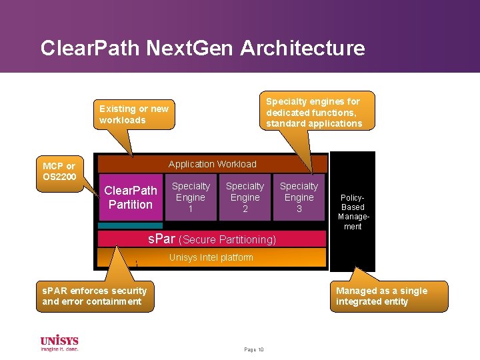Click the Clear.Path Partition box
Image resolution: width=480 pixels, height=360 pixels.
pos(131,197)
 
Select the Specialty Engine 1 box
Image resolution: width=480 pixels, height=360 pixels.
pos(191,197)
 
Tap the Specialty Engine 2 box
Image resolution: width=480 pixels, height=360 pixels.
pos(245,197)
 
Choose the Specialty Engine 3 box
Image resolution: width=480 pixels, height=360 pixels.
pos(299,197)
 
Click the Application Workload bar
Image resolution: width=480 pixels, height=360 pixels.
pos(212,164)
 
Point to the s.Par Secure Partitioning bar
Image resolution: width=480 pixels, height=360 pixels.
pos(211,239)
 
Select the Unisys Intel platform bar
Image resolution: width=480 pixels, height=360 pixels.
pos(211,257)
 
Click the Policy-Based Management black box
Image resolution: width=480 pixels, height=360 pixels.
pos(352,211)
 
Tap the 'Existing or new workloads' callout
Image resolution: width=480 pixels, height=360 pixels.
pos(134,114)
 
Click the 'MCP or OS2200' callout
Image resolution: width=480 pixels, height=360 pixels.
pos(59,171)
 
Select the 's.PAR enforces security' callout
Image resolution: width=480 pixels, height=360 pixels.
pos(94,296)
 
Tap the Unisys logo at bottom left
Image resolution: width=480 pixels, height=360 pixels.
pos(59,343)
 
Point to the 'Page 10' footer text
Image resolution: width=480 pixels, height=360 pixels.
pos(254,349)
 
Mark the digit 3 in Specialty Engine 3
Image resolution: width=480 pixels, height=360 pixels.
pos(299,209)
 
